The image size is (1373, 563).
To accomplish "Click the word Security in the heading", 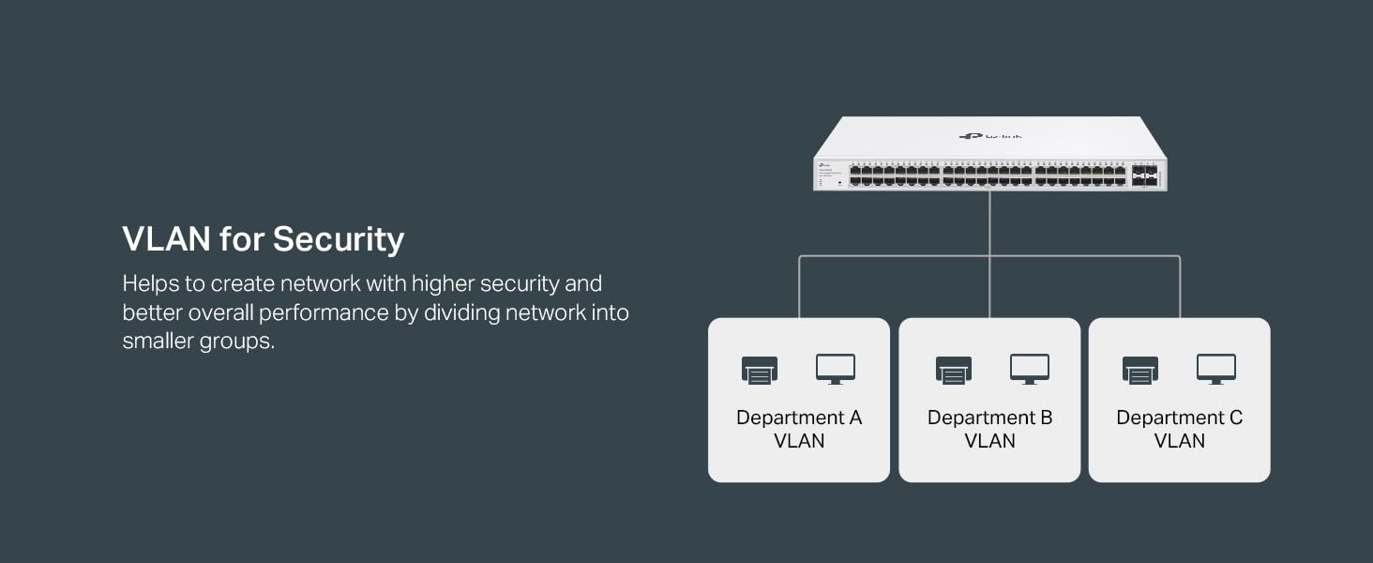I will [339, 239].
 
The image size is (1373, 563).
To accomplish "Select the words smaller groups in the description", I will [198, 342].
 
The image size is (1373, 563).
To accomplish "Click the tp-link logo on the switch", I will [990, 136].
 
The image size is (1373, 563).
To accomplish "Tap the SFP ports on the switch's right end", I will [1144, 175].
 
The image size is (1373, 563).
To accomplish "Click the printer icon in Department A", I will [760, 370].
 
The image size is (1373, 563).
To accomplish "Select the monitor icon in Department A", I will [835, 369].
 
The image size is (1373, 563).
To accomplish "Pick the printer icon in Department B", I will [954, 370].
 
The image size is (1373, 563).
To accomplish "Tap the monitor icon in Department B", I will [1029, 369].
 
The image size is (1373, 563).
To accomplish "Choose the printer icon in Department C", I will [1140, 370].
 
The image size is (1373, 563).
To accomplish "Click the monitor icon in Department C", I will [1215, 369].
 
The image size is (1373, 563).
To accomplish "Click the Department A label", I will [798, 418].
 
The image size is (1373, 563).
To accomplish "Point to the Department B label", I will [989, 418].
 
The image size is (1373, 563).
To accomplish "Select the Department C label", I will [1179, 418].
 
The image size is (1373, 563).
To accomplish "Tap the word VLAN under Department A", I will [799, 441].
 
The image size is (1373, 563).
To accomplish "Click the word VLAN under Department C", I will [1179, 441].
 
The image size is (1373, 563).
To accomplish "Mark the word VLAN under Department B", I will [989, 441].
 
